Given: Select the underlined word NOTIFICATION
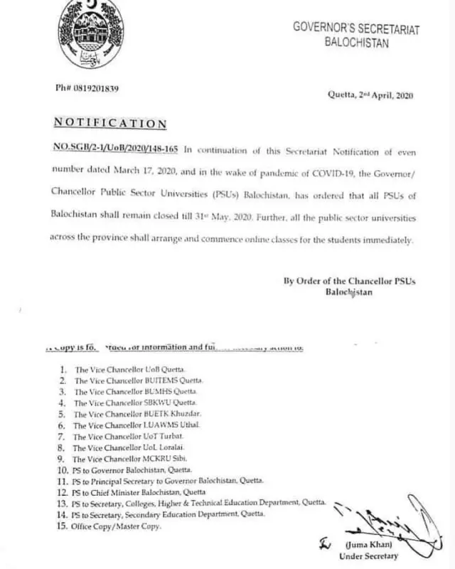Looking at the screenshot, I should (109, 124).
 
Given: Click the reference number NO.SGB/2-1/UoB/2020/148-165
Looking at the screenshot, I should (117, 150).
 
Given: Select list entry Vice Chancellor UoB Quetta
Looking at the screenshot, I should (129, 371).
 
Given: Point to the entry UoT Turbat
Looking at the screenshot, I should (128, 435).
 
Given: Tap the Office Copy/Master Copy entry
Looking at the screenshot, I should (117, 526).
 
